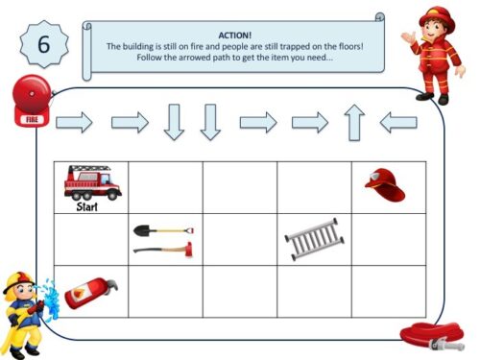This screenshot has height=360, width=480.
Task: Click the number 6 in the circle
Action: pos(42,44)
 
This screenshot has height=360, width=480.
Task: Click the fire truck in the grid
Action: pos(92,180)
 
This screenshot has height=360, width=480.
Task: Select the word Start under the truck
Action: pos(87,204)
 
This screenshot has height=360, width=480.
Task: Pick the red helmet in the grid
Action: pos(384,182)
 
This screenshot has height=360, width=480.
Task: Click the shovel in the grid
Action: pos(163,230)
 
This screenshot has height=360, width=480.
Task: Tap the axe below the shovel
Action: pos(163,249)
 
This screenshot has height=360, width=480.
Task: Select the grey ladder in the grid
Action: pos(313,239)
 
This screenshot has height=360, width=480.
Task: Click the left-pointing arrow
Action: pos(398,122)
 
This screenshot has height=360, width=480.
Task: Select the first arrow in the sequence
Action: pos(74,122)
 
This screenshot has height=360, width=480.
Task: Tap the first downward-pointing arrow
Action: pos(173,122)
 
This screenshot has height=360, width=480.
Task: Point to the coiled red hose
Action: pos(431,335)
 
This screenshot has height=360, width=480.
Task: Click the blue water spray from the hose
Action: pos(52,300)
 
